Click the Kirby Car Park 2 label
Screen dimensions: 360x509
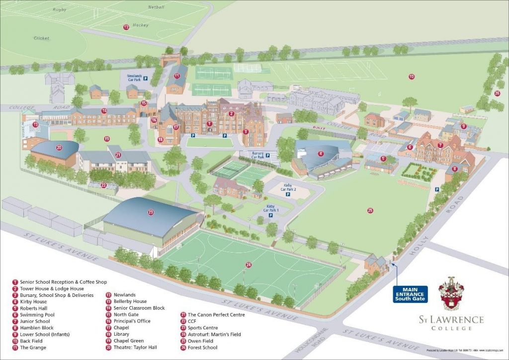click(288, 187)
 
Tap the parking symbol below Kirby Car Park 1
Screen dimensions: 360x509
click(271, 215)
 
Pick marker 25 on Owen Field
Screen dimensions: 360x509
click(370, 210)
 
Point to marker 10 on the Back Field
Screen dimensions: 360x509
click(411, 76)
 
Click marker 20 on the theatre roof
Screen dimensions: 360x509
click(59, 147)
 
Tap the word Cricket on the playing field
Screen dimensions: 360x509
click(42, 38)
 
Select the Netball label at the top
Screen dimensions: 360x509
click(156, 7)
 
